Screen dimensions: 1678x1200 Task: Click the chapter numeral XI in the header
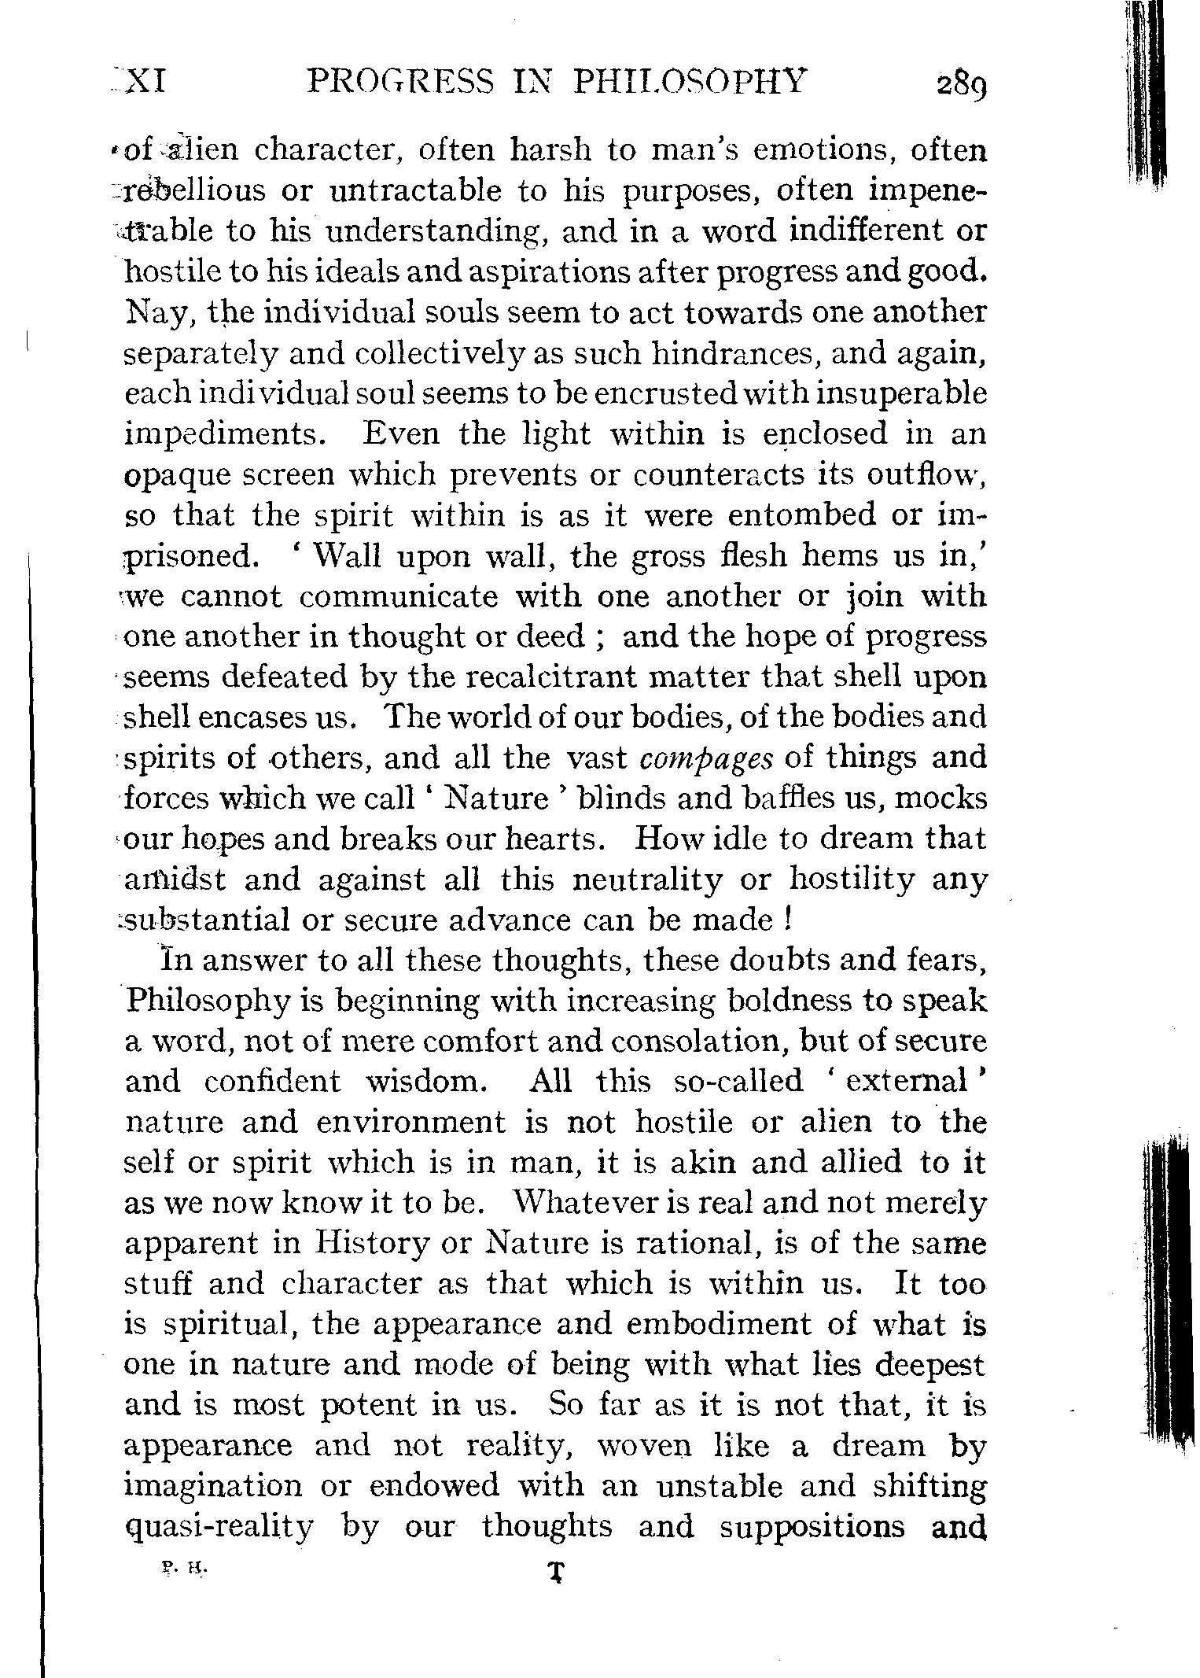pyautogui.click(x=145, y=81)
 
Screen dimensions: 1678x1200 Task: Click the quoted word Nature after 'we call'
pyautogui.click(x=496, y=798)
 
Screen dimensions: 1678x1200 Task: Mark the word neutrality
pyautogui.click(x=647, y=880)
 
